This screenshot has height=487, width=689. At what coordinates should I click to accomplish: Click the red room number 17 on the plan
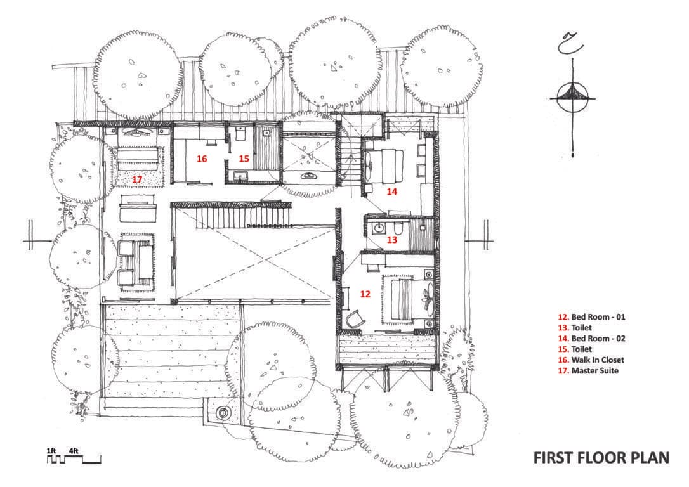(137, 179)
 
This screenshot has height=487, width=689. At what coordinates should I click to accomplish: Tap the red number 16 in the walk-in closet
(202, 159)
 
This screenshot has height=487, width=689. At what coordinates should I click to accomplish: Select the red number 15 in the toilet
(244, 159)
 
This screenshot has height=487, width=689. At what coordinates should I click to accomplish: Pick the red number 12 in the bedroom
(365, 294)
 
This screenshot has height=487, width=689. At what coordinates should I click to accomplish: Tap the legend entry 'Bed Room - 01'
(593, 316)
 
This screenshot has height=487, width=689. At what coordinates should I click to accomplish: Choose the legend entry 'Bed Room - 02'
(593, 338)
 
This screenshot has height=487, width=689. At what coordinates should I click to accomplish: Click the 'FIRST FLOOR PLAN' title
(600, 458)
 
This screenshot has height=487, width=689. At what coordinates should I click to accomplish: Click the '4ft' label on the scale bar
(74, 451)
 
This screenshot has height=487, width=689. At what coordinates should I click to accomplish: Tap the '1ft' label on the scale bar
(51, 451)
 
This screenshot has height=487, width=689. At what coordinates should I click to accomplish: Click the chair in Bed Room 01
(354, 319)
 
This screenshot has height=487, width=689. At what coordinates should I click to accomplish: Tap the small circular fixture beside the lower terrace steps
(223, 413)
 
